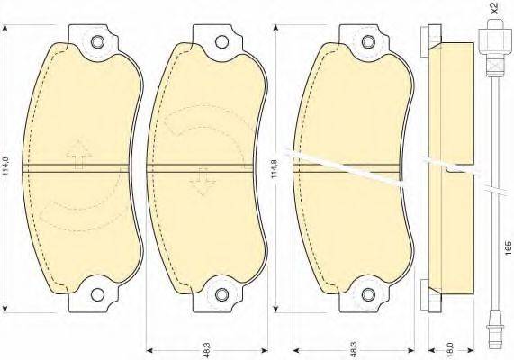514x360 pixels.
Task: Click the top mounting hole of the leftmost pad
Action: click(97, 42)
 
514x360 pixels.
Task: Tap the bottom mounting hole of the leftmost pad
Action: click(97, 294)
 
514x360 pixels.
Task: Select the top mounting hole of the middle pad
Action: click(222, 42)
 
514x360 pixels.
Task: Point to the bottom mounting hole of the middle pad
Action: click(222, 294)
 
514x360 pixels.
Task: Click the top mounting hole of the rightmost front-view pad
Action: click(368, 42)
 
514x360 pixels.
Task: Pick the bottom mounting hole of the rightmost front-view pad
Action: click(368, 294)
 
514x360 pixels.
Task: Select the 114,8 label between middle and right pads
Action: click(275, 169)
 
